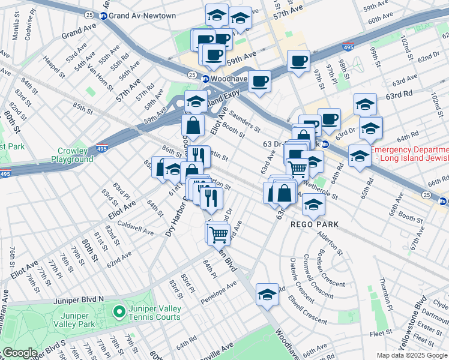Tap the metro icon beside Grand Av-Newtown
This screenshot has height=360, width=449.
tap(104, 16)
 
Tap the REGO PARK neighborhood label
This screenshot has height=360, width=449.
tap(315, 224)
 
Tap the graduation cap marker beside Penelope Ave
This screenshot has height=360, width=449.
tap(267, 295)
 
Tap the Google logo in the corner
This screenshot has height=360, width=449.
tap(20, 353)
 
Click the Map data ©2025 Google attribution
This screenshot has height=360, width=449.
tap(411, 355)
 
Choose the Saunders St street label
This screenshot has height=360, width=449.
tap(245, 124)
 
